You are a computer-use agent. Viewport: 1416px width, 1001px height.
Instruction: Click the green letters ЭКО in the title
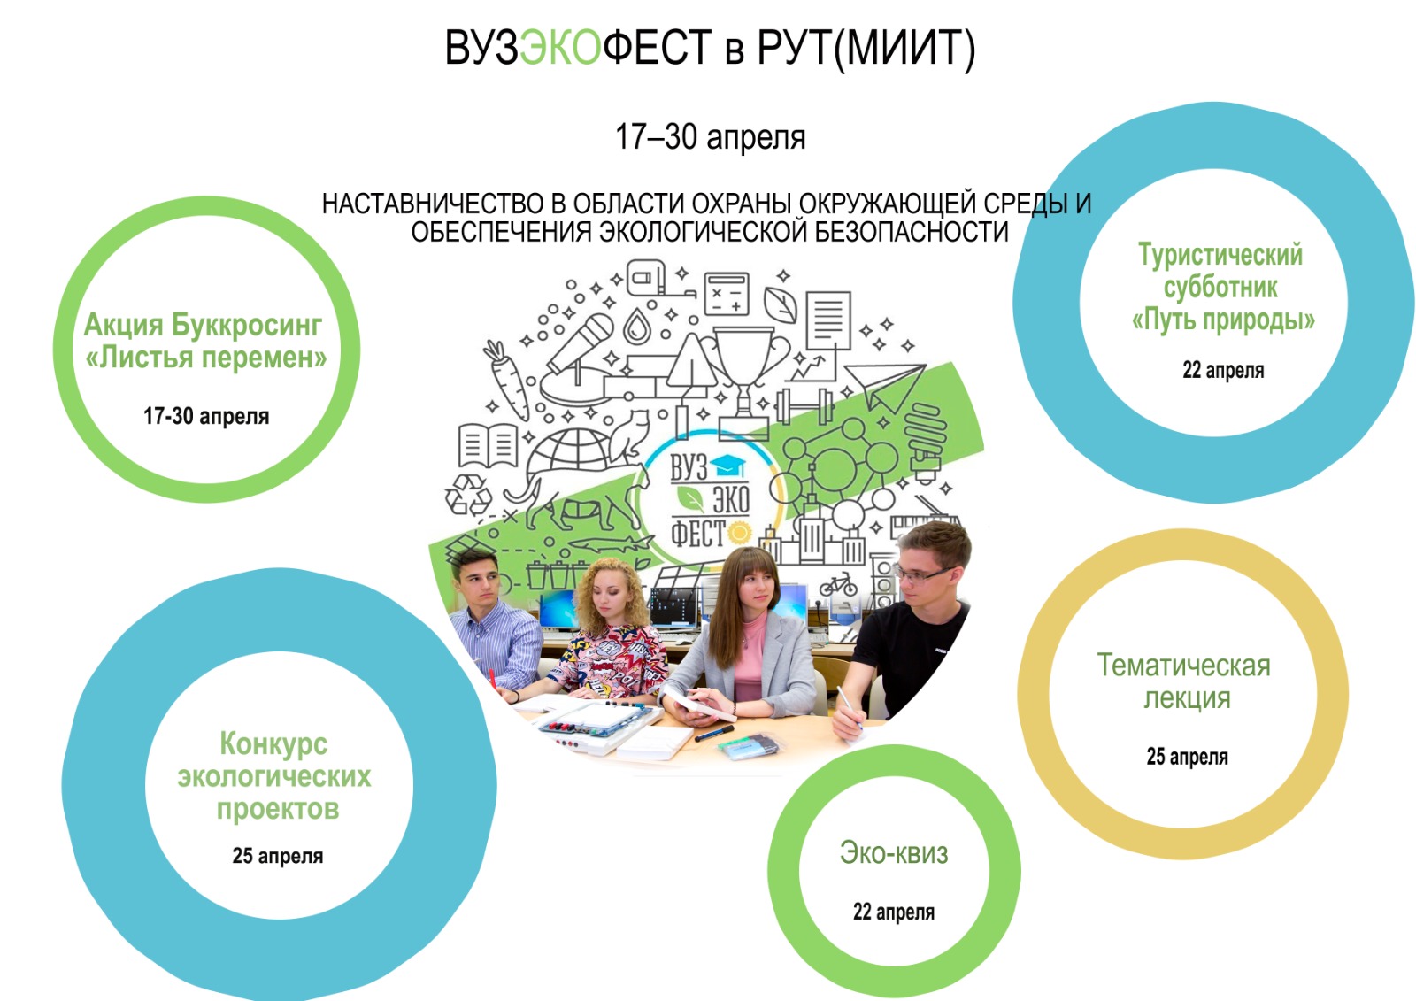(560, 48)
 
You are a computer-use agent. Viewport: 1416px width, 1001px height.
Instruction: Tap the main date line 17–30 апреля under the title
(711, 137)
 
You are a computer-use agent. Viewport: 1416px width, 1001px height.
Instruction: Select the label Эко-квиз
(894, 853)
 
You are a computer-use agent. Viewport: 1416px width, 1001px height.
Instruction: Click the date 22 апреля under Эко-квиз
(894, 912)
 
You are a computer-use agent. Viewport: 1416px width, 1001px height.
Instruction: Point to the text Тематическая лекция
(1184, 681)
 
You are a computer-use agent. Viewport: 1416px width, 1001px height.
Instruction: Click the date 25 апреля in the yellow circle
(1187, 757)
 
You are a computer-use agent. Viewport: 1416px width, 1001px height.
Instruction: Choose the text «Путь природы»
(1223, 320)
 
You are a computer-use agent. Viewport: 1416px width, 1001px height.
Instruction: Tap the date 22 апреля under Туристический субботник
(1223, 370)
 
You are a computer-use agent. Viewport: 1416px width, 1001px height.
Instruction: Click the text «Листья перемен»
(206, 358)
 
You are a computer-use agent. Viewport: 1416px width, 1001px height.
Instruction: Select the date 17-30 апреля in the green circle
(206, 416)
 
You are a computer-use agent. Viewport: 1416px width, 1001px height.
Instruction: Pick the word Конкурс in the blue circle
(273, 743)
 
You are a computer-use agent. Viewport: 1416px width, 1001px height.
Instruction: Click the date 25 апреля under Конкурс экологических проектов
(278, 856)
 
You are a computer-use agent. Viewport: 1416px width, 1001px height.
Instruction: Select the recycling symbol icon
(468, 495)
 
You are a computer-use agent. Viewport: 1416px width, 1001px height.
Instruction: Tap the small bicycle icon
(838, 585)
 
